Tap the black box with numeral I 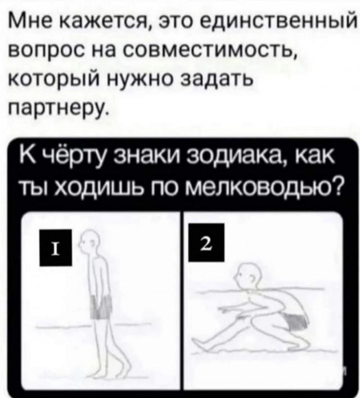click(56, 247)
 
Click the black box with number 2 click(206, 242)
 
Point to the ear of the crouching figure click(252, 279)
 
